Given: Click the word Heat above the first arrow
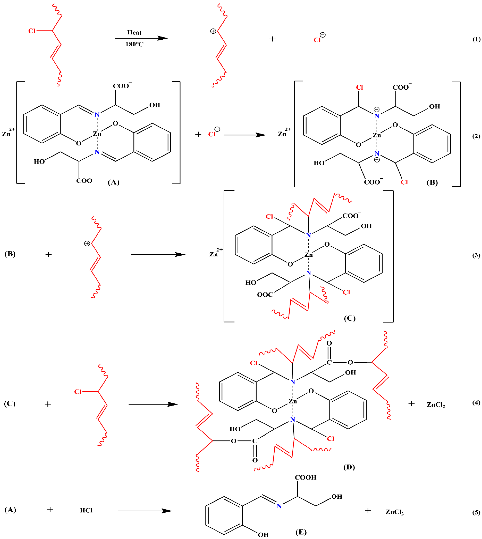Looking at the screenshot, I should pos(134,33).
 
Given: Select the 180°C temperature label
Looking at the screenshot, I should pos(134,44).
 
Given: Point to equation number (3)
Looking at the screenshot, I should pos(476,255).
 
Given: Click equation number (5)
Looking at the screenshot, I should pos(476,512).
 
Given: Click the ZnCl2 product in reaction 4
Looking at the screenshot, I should pos(436,405).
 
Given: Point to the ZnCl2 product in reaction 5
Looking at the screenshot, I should pos(394,512).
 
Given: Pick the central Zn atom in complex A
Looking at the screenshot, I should pos(97,134).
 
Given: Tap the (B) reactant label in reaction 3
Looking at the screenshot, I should pos(10,254).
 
